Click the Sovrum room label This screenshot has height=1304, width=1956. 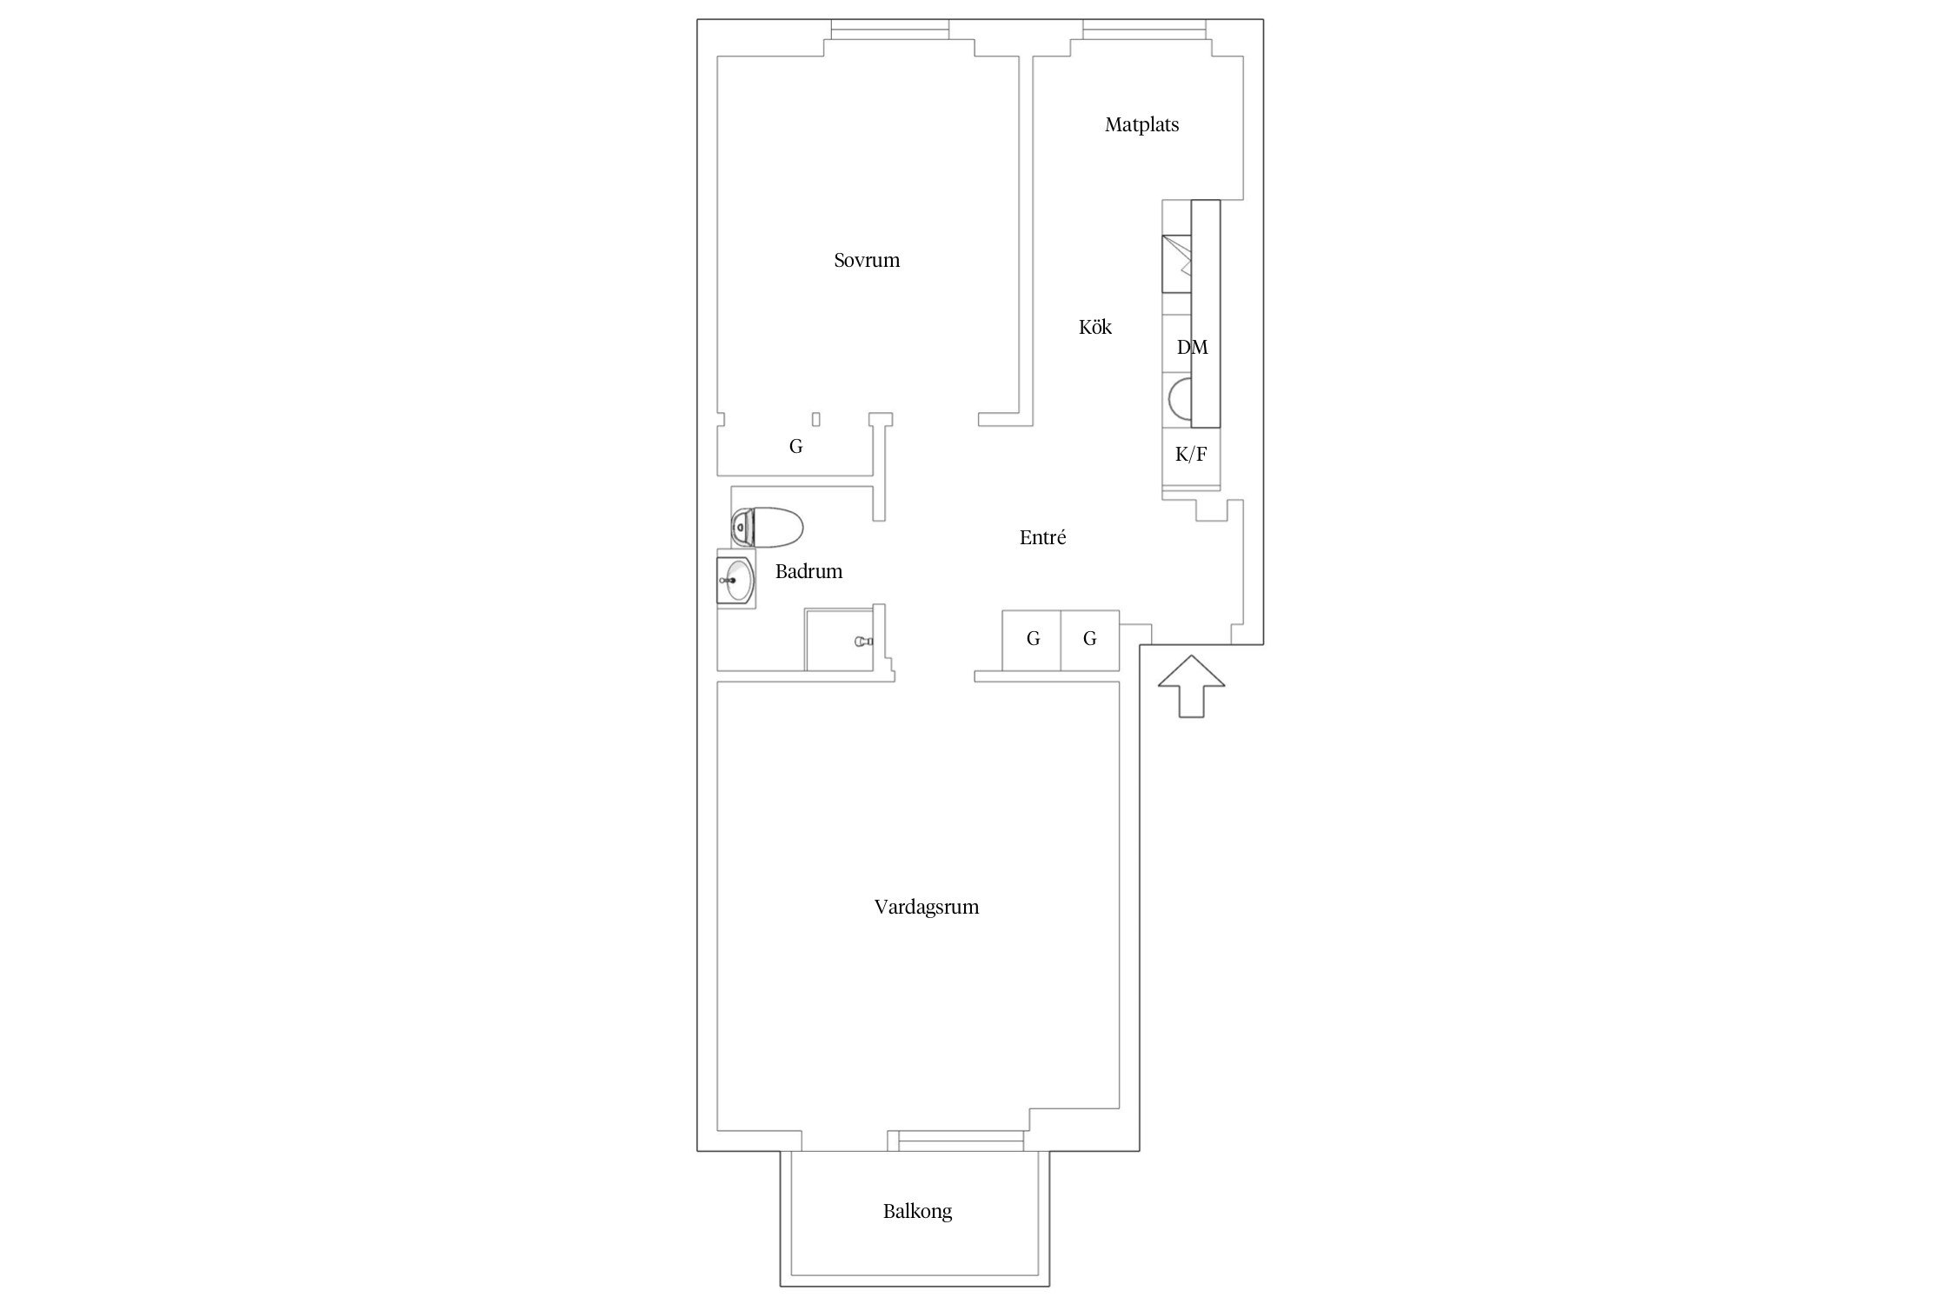(x=867, y=260)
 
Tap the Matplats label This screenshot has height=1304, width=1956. (x=1141, y=125)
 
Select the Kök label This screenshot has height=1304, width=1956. (x=1095, y=327)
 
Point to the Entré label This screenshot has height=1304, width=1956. (x=1042, y=537)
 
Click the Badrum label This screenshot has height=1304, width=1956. (x=808, y=571)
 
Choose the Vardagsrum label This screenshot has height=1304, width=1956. (x=927, y=907)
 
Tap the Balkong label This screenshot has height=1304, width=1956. (x=917, y=1211)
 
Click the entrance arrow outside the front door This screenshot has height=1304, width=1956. (x=1191, y=686)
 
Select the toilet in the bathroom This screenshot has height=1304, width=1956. (x=767, y=528)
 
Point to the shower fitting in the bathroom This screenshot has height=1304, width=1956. (x=863, y=642)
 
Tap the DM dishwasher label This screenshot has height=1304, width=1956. (x=1192, y=348)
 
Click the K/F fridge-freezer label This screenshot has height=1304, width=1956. (x=1191, y=454)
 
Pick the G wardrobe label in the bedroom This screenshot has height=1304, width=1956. (x=795, y=447)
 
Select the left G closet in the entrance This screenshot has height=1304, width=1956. (x=1032, y=640)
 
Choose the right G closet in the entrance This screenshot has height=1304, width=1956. (x=1090, y=640)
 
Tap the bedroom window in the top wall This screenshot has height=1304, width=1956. (x=889, y=30)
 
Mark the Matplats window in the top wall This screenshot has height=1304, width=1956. (x=1145, y=30)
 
